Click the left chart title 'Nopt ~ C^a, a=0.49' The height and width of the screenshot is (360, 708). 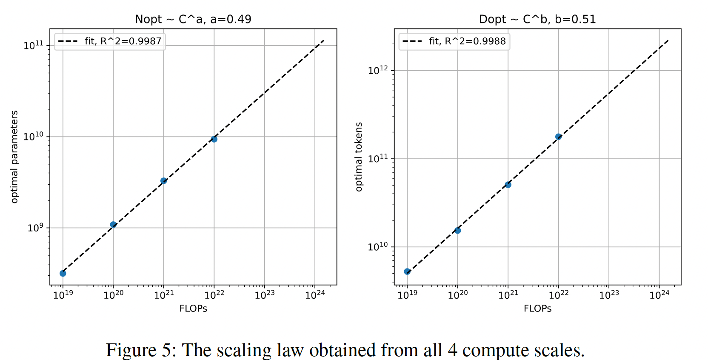[193, 19]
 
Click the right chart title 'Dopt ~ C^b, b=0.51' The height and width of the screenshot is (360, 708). [537, 19]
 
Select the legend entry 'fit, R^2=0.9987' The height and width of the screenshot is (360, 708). [123, 41]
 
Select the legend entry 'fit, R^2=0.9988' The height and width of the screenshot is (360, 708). [467, 41]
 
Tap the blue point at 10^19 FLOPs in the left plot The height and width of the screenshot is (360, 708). [63, 273]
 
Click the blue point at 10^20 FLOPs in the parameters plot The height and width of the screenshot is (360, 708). [113, 225]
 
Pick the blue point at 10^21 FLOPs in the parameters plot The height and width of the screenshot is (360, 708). [164, 181]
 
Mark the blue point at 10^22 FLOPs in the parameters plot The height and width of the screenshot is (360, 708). [214, 139]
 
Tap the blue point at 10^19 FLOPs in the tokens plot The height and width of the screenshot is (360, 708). [407, 271]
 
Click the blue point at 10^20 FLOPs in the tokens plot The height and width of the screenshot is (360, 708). [458, 231]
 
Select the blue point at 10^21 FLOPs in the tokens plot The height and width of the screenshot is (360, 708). [508, 185]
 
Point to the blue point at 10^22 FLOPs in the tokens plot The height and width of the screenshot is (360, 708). [558, 137]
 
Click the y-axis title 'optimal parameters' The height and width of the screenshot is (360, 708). [15, 157]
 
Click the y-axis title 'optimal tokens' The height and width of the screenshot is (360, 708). [359, 157]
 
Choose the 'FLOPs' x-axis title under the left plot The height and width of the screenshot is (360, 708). [193, 309]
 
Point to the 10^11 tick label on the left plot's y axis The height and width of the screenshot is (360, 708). [34, 46]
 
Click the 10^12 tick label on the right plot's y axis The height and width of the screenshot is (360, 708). [378, 70]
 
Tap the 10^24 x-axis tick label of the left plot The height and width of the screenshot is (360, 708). [315, 294]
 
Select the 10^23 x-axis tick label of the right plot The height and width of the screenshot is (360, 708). [609, 294]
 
